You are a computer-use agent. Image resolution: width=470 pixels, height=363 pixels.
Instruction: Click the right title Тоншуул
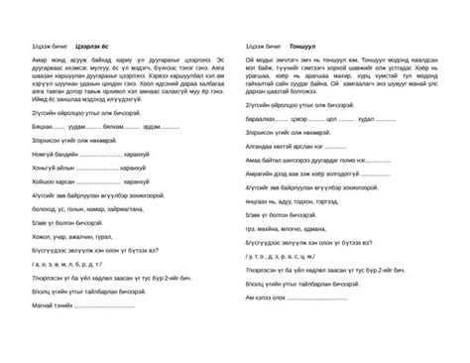pos(309,49)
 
